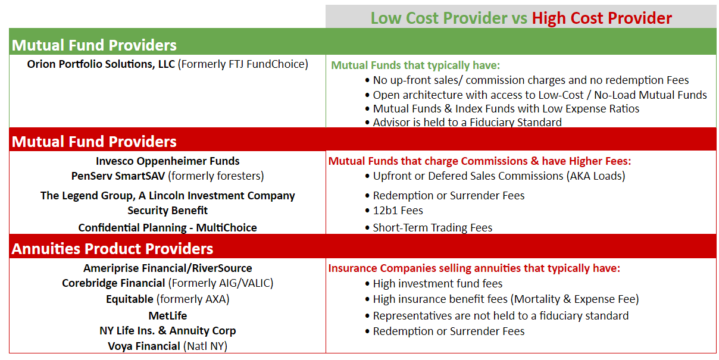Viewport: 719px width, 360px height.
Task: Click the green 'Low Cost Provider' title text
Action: coord(439,18)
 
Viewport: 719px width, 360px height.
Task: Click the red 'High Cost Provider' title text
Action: coord(602,18)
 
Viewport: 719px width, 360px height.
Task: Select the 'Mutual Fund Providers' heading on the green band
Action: coord(94,45)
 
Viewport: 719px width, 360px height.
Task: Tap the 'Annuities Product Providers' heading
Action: coord(112,249)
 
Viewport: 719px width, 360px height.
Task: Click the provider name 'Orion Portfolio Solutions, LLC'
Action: coord(101,64)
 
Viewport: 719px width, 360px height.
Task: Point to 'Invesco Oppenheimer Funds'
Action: coord(168,161)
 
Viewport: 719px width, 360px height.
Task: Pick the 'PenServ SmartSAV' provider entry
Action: coord(118,176)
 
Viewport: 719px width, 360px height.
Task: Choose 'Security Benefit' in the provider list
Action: coord(168,211)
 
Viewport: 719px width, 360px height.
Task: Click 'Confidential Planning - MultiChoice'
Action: coord(168,228)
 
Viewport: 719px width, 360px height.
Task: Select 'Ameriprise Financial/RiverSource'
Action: coord(168,268)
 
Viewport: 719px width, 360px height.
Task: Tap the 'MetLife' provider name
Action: coord(168,316)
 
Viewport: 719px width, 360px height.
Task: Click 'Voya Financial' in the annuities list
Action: coord(144,346)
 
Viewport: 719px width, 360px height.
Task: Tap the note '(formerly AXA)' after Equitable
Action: coord(193,299)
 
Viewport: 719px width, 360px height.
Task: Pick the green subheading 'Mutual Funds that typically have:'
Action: coord(415,65)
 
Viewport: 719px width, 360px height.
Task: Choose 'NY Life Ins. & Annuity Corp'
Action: coord(168,331)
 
